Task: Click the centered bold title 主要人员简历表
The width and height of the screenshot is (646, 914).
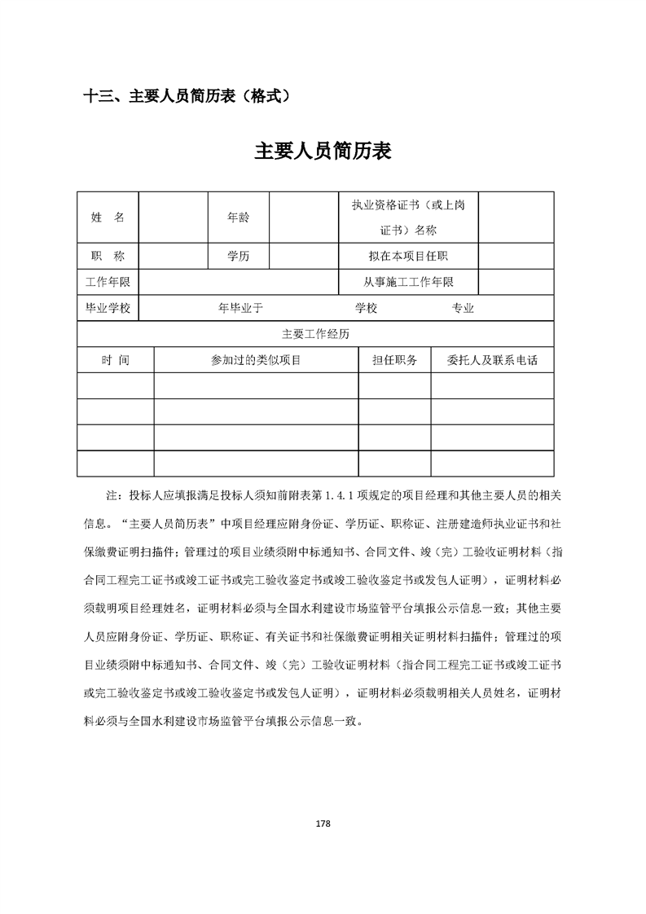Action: (x=323, y=152)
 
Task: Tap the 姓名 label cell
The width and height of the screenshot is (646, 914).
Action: (x=108, y=218)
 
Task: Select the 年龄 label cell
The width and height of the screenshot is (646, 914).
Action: (x=239, y=218)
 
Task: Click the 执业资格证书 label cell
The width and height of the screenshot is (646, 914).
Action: (x=407, y=218)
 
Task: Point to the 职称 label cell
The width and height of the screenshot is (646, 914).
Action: (x=108, y=256)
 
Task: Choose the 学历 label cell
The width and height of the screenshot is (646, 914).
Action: (x=239, y=256)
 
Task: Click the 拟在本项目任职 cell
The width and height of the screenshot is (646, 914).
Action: (x=407, y=256)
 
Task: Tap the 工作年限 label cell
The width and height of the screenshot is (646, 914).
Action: (x=108, y=282)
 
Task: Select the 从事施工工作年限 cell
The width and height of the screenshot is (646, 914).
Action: (x=407, y=282)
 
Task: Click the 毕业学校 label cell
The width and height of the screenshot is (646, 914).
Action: (x=108, y=308)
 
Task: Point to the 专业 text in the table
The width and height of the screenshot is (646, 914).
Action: (x=463, y=308)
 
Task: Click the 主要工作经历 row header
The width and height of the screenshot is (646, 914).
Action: (x=315, y=334)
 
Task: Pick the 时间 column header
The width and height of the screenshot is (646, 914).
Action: (x=115, y=360)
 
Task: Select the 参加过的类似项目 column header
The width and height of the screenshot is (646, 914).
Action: (x=256, y=360)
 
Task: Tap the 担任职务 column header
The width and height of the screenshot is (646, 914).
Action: (x=394, y=360)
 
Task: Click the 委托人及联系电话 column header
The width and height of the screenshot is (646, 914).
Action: (x=492, y=360)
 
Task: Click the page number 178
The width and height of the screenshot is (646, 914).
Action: (x=323, y=824)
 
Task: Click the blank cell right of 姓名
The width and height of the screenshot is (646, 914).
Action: (x=174, y=218)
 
